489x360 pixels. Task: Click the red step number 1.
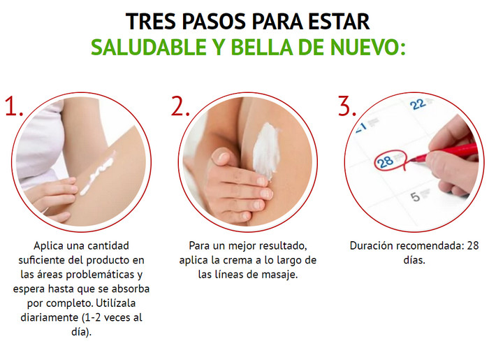14,106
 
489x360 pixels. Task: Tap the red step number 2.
180,106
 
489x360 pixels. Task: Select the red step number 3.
347,106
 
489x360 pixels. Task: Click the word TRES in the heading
152,22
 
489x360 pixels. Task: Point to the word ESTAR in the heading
339,22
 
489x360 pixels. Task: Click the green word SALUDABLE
148,47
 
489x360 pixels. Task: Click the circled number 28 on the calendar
385,161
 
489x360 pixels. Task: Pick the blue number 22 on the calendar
418,104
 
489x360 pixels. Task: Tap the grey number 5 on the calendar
415,197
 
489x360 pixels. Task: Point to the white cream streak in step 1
97,173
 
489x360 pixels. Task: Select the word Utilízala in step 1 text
116,303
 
